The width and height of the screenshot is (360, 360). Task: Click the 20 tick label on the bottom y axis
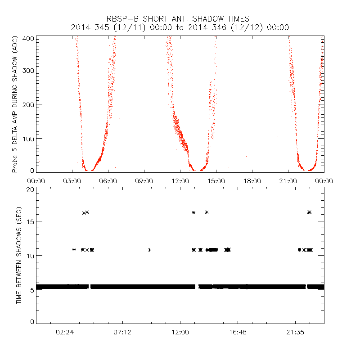click(x=31, y=190)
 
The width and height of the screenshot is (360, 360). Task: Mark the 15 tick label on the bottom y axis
click(x=31, y=221)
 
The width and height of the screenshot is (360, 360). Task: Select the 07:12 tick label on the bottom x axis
click(x=122, y=332)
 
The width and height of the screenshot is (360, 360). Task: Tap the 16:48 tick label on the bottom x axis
click(x=238, y=332)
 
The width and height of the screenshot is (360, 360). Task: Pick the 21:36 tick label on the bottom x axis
click(x=295, y=332)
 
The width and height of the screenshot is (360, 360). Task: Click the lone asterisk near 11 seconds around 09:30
click(x=149, y=250)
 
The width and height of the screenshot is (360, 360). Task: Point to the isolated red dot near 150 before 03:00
click(x=68, y=119)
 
